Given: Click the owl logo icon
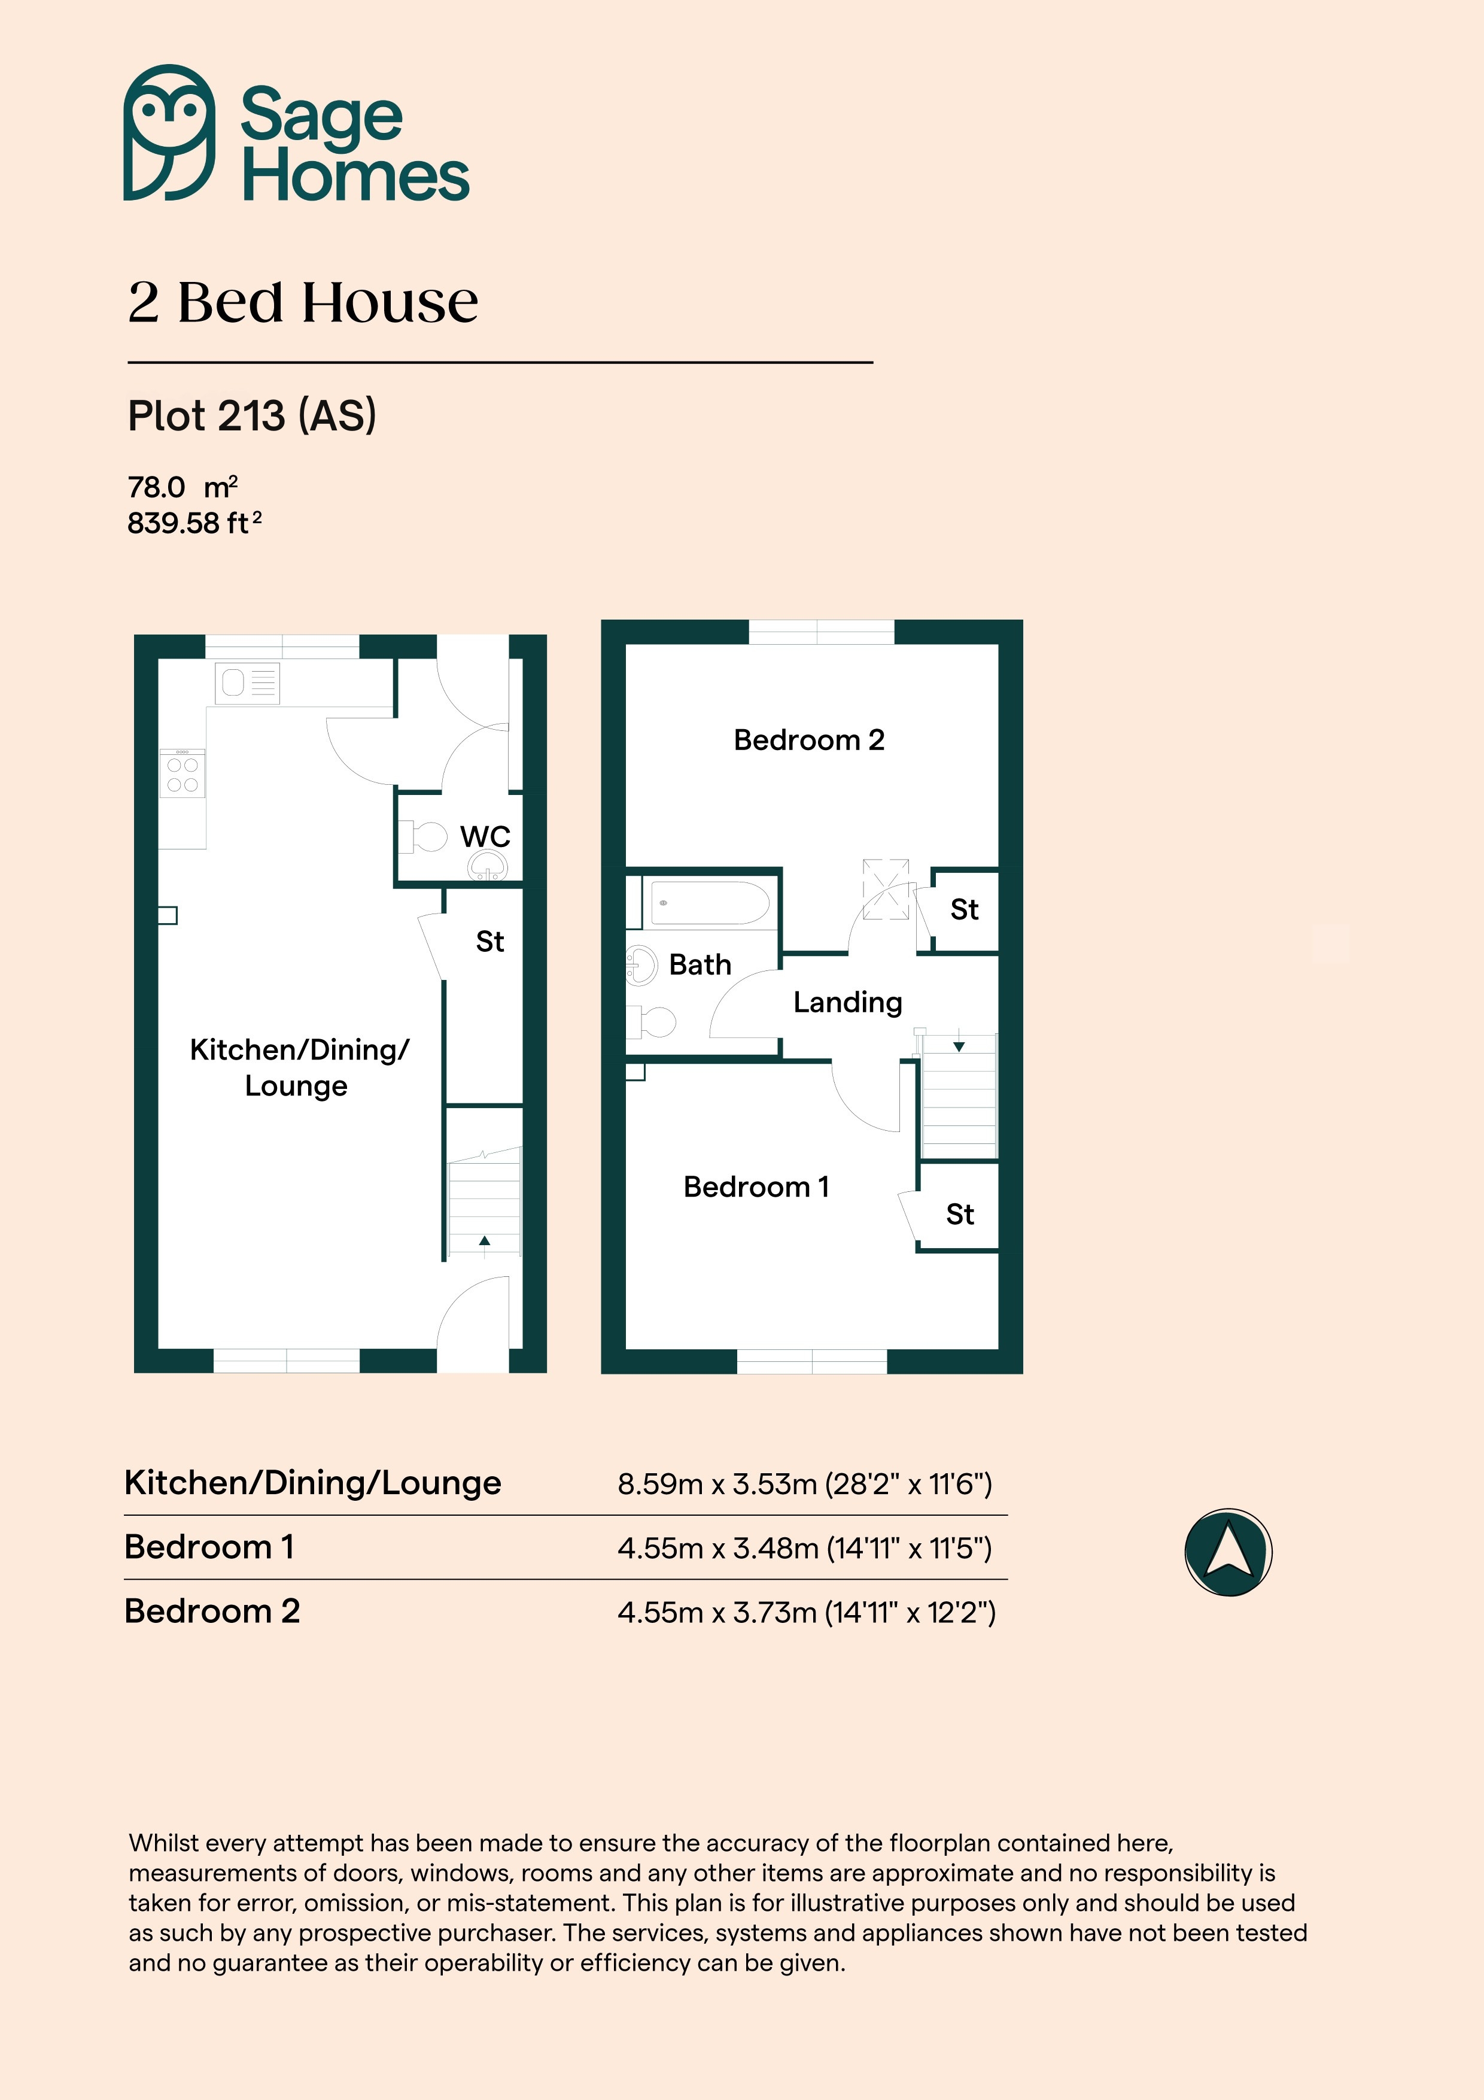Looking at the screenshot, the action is pyautogui.click(x=169, y=133).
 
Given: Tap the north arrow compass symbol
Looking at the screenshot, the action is pyautogui.click(x=1228, y=1552).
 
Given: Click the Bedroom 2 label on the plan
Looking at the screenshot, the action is pyautogui.click(x=809, y=739).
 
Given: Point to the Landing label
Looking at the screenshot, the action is pyautogui.click(x=847, y=1003).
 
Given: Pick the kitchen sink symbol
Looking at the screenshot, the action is pyautogui.click(x=247, y=683).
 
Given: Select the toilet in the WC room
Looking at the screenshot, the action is pyautogui.click(x=422, y=836).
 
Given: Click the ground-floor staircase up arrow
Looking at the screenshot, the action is pyautogui.click(x=485, y=1241).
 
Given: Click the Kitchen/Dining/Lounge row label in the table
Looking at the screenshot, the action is pyautogui.click(x=313, y=1483).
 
